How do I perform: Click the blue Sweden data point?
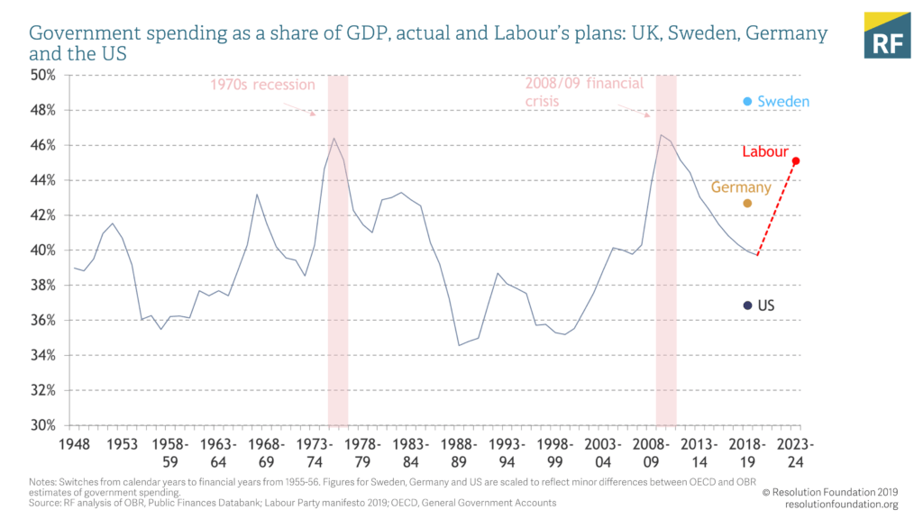click(x=747, y=102)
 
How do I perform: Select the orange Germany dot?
click(x=746, y=204)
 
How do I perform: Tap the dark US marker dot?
click(x=747, y=305)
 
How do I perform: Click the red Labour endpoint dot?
click(x=796, y=161)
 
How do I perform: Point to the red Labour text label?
click(x=765, y=151)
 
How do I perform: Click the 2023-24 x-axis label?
click(x=796, y=453)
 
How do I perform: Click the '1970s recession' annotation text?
click(x=262, y=85)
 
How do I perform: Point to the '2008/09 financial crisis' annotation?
click(x=584, y=92)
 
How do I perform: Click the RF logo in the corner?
click(x=887, y=36)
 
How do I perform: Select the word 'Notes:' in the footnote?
click(x=44, y=482)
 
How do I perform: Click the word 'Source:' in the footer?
click(x=47, y=502)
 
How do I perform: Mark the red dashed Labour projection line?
click(x=777, y=208)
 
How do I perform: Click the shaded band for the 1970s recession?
click(x=338, y=270)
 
